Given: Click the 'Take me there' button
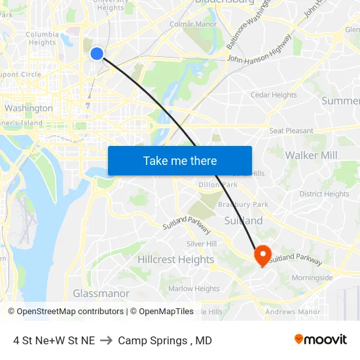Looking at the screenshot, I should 180,161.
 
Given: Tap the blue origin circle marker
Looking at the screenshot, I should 97,54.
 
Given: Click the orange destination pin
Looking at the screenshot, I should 263,255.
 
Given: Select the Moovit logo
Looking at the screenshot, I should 320,340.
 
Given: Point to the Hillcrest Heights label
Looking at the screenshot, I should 175,260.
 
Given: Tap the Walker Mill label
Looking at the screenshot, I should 311,155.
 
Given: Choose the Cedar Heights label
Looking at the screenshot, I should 274,96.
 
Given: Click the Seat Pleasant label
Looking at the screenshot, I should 291,131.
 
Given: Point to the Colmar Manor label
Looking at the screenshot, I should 193,25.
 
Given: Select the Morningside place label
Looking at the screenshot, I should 312,278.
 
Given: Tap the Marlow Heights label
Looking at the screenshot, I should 194,289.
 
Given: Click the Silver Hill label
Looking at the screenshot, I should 202,243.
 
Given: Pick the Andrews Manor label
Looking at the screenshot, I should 293,312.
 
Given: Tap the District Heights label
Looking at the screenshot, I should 324,194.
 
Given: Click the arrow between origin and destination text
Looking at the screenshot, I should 106,340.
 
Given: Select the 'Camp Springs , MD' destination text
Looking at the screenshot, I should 165,340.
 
